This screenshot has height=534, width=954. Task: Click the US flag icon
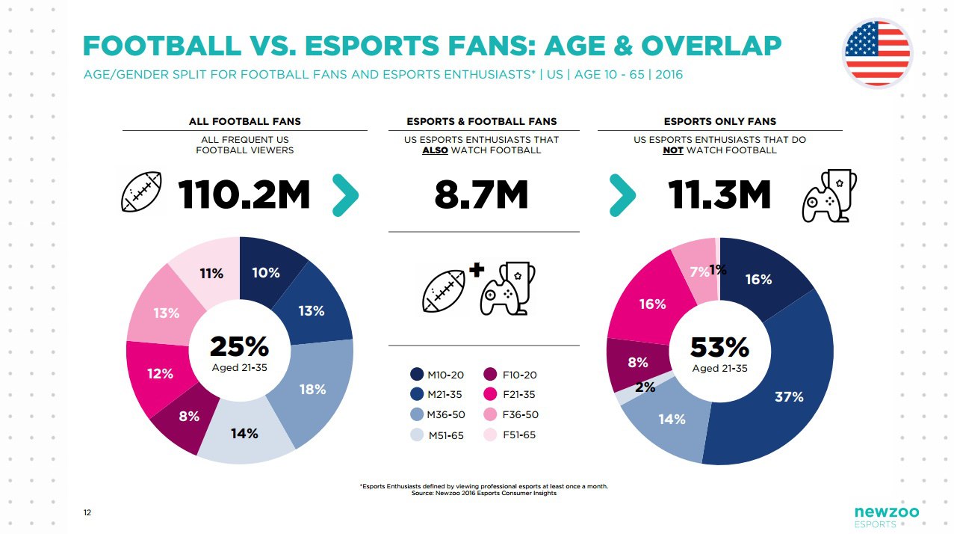coord(877,53)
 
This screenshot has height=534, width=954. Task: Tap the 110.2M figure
coord(244,196)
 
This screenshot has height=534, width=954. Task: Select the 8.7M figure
coord(481,196)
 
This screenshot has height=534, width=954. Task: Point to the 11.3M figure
coord(719,196)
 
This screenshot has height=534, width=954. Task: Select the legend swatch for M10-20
coord(418,374)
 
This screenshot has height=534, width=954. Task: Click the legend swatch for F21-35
coord(491,394)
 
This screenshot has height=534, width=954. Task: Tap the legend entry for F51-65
coord(512,435)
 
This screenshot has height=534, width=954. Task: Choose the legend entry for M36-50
coord(437,414)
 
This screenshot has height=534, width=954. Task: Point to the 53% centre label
coord(719,347)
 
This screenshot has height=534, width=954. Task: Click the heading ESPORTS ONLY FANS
coord(719,121)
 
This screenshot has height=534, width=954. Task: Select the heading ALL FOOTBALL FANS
coord(244,121)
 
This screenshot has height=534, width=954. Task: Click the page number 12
coord(87,512)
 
